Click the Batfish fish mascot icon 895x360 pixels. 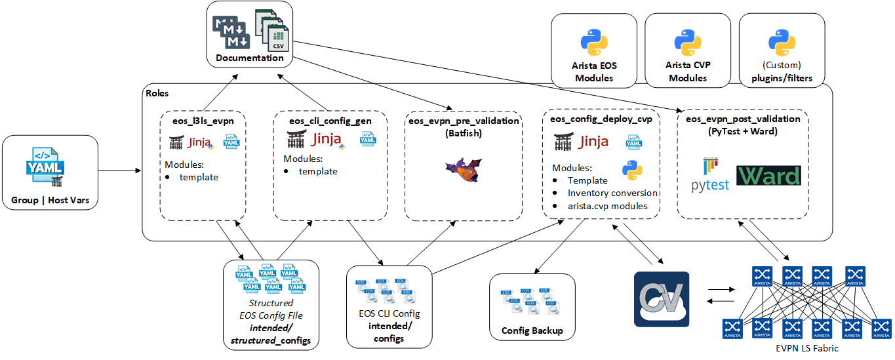462,170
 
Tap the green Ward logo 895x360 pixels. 768,176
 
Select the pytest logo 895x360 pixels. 709,174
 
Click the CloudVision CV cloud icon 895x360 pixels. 662,299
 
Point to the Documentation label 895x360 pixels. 250,58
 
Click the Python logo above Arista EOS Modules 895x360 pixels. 594,43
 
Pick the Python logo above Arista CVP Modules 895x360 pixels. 688,43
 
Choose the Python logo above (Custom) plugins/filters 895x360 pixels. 782,43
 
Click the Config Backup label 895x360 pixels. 532,330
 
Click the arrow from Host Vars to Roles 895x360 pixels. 120,171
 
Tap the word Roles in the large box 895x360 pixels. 157,94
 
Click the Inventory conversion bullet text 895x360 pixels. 612,193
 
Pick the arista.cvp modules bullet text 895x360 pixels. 608,206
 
